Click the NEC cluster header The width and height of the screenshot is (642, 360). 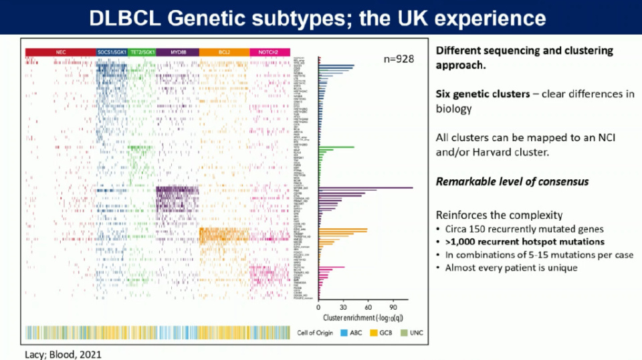(60, 52)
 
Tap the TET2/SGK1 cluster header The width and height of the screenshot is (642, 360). (141, 52)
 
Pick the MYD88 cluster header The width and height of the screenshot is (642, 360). (177, 52)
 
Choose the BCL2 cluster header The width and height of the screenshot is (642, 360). (224, 52)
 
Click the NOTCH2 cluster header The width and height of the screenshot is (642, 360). (270, 52)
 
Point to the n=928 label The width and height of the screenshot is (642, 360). (399, 59)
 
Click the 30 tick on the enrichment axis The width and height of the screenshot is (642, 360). (343, 308)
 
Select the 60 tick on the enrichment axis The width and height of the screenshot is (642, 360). (368, 308)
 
